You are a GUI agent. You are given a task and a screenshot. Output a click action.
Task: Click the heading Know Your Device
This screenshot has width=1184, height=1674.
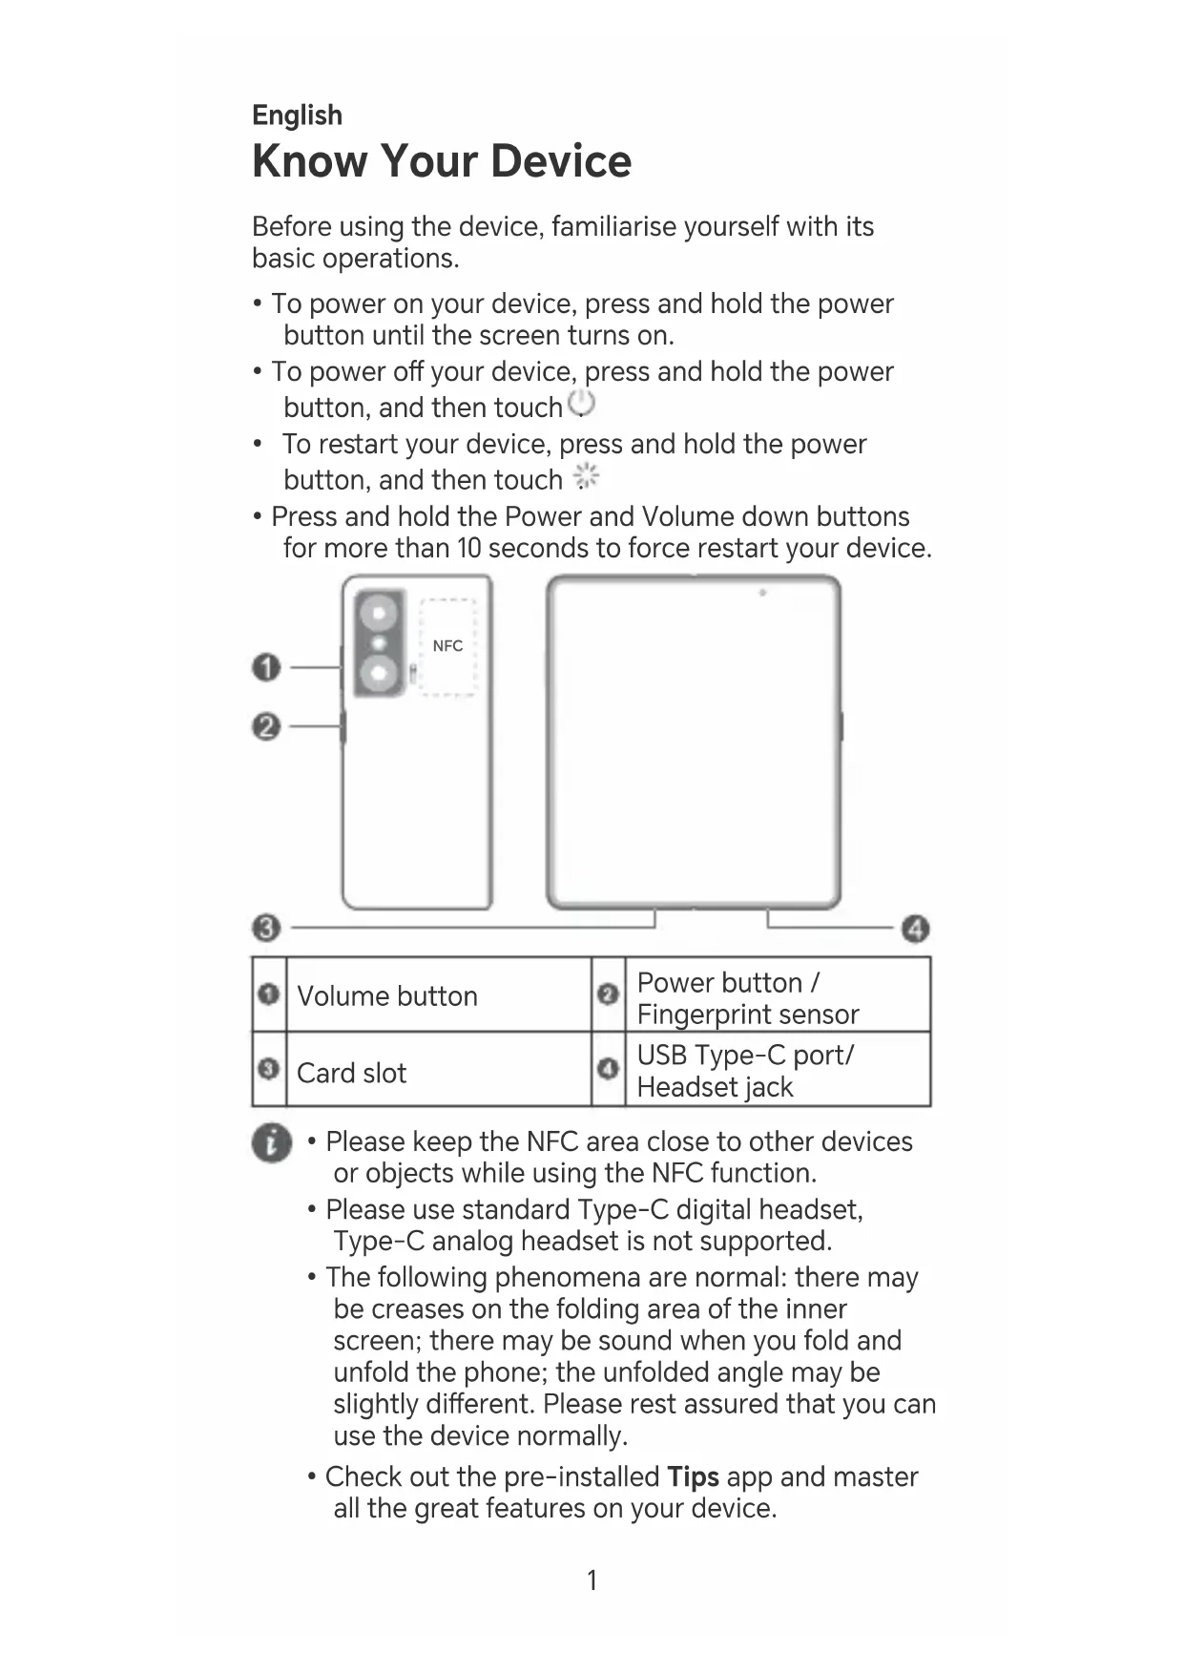441,160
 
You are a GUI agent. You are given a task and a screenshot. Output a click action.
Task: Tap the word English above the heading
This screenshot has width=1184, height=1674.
297,115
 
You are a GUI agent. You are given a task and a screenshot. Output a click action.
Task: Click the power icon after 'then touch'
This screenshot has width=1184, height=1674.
581,404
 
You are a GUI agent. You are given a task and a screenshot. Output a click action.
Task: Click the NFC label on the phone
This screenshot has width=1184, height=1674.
447,646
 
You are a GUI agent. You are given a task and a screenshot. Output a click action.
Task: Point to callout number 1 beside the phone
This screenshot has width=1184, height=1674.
267,667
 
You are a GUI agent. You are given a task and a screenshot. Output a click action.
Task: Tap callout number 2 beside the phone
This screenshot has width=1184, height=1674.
267,727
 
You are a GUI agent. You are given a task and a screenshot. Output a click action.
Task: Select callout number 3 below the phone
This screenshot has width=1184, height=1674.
267,927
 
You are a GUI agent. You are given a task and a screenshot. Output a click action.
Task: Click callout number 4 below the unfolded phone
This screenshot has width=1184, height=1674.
915,928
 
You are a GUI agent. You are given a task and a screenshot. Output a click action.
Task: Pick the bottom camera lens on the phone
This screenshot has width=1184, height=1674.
379,674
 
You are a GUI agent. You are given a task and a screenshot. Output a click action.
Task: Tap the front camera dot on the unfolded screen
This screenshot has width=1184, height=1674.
762,593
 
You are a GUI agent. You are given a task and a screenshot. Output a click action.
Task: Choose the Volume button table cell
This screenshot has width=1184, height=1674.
387,995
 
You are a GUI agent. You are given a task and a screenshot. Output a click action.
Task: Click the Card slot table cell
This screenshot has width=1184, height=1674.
351,1073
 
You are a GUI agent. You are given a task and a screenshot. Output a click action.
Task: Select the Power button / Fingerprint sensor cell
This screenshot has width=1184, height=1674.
748,997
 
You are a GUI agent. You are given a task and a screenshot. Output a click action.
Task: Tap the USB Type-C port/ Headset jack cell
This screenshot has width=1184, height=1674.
745,1071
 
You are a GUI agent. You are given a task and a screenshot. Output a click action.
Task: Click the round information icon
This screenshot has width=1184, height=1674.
272,1142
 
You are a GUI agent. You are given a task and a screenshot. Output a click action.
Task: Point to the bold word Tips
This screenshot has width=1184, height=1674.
693,1476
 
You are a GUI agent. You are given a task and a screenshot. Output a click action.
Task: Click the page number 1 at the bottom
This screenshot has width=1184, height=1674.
592,1580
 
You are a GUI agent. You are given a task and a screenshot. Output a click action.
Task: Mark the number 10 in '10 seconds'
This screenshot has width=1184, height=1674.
468,548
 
